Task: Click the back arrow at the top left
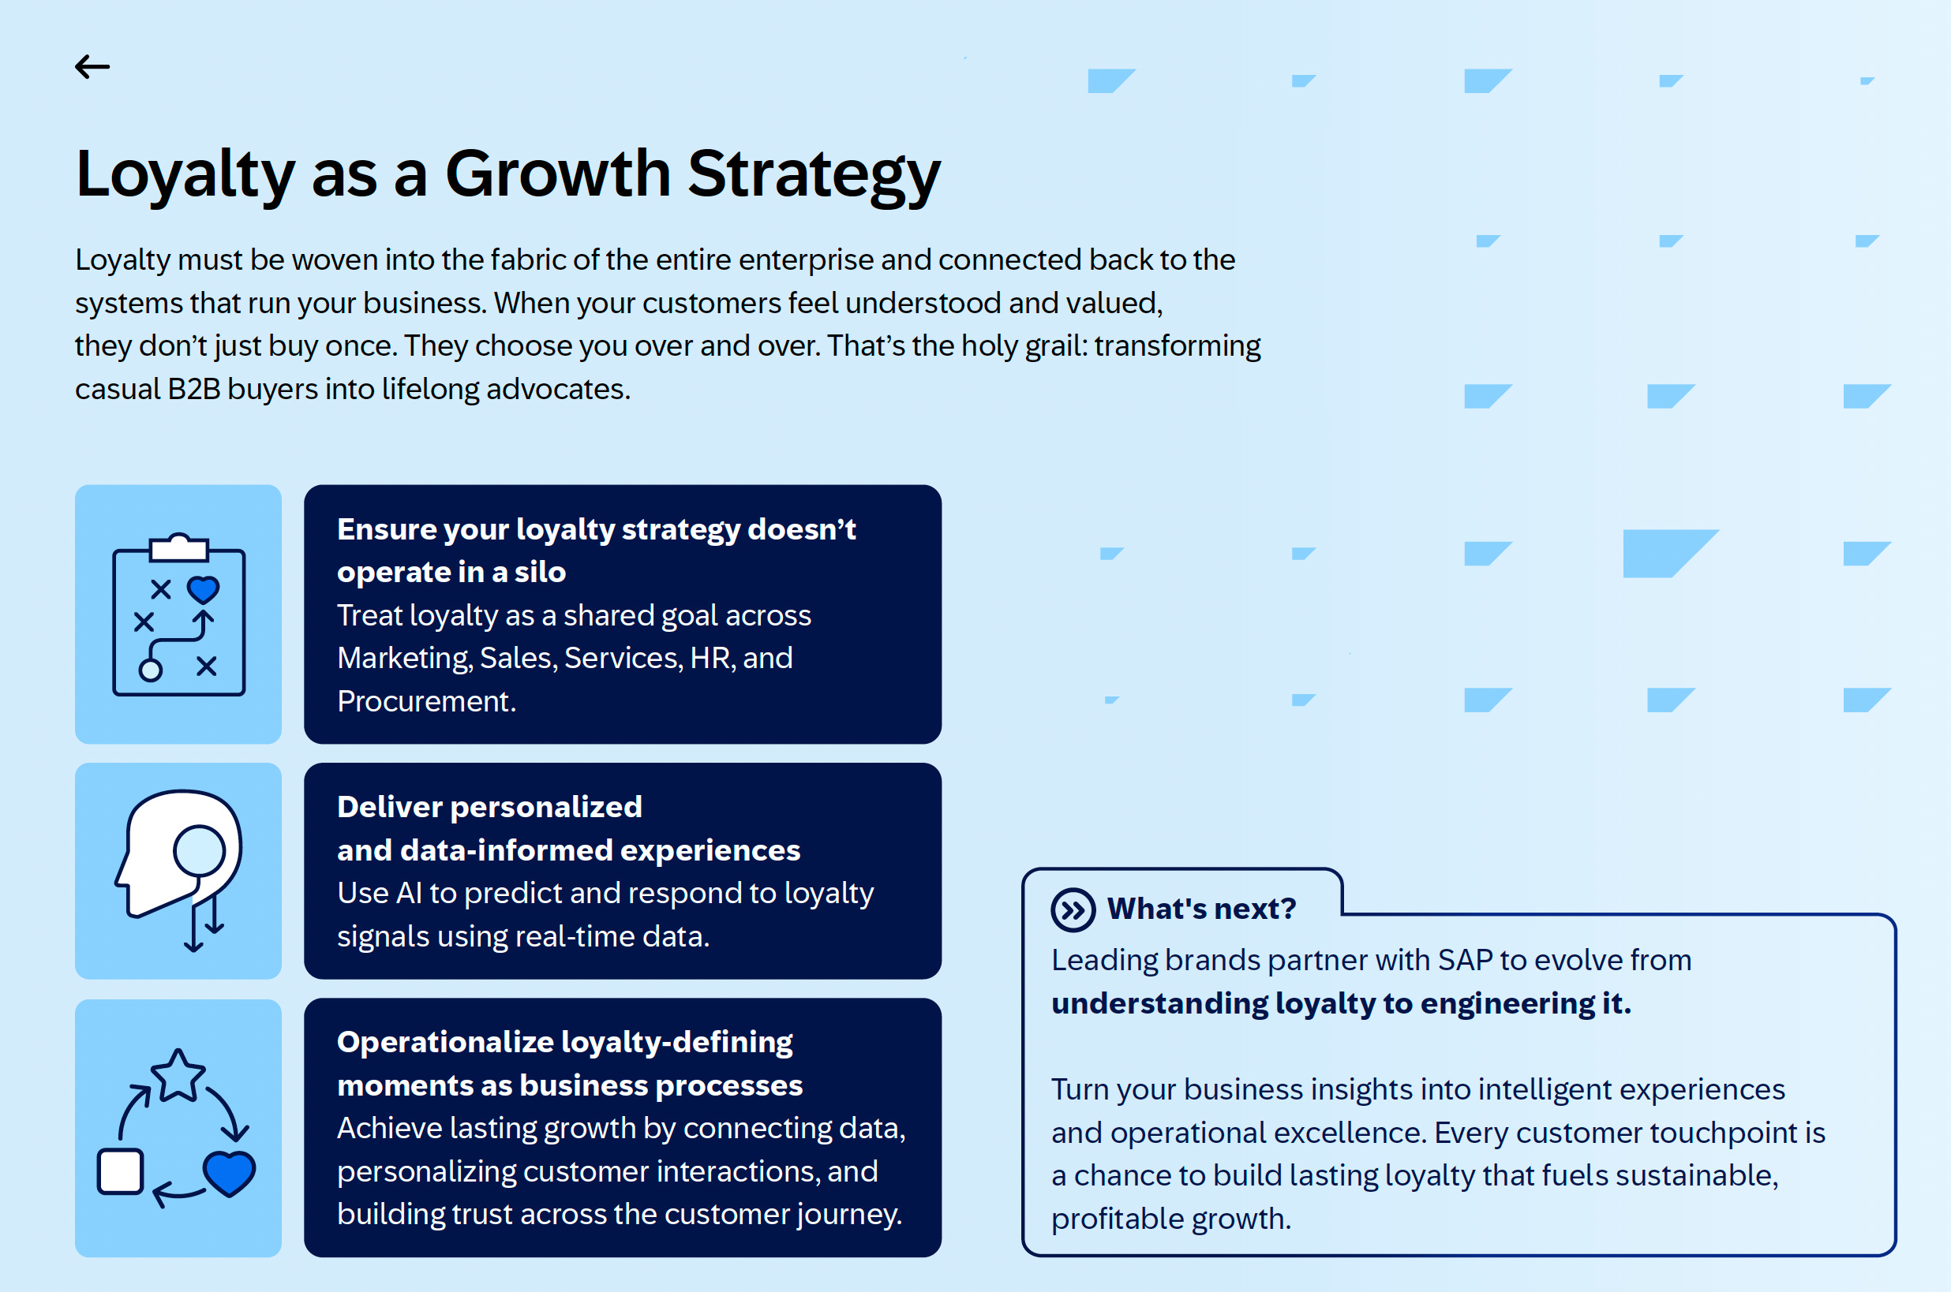(92, 67)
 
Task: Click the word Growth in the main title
(558, 174)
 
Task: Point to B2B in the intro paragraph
(193, 389)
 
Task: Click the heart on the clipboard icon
(203, 589)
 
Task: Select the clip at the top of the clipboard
(179, 547)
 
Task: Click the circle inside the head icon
(199, 850)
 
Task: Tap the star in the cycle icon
(178, 1075)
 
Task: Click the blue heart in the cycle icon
(229, 1174)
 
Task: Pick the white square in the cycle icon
(120, 1171)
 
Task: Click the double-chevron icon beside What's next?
(1073, 909)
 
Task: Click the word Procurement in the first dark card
(425, 701)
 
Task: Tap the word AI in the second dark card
(409, 893)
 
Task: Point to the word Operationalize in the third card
(444, 1042)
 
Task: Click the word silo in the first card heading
(540, 572)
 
